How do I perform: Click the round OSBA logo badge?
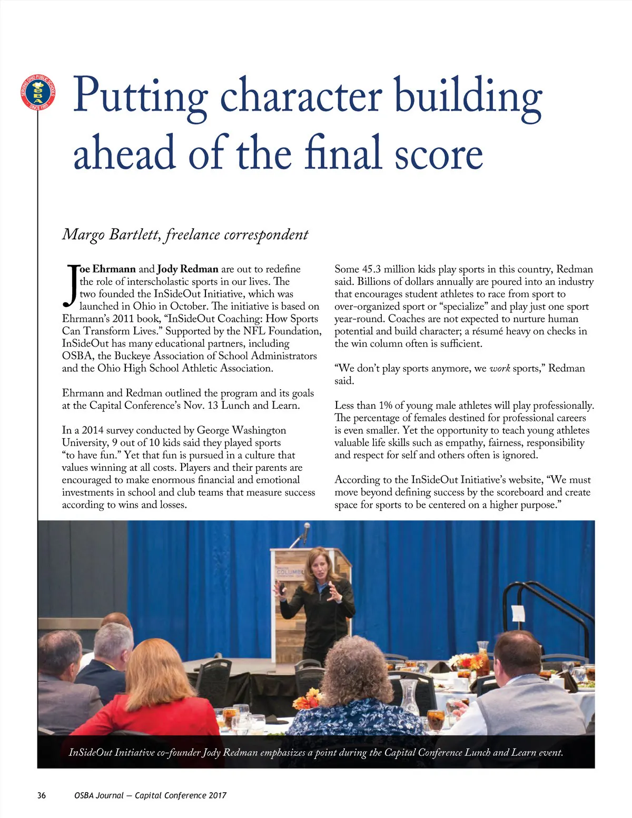(37, 93)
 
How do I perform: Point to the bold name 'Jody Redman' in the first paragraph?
(187, 269)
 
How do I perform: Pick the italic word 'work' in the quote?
(499, 368)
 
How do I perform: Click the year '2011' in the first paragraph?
(123, 319)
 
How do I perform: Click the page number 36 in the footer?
(42, 795)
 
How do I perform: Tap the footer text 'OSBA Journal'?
(99, 795)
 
